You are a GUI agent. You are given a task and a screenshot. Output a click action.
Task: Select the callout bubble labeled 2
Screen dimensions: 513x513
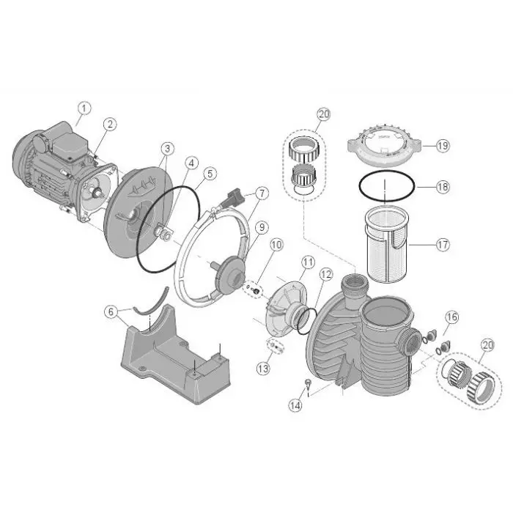click(x=109, y=125)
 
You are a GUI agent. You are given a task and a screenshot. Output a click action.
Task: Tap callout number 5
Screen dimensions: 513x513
click(x=210, y=174)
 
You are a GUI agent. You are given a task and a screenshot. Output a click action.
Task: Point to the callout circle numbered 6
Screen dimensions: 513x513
click(x=111, y=311)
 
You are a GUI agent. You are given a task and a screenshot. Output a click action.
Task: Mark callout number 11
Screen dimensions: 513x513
click(x=308, y=261)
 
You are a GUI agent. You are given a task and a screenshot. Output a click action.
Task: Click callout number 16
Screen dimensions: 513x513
click(x=451, y=317)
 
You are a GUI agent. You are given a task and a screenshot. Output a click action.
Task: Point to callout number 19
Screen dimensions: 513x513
click(x=442, y=146)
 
